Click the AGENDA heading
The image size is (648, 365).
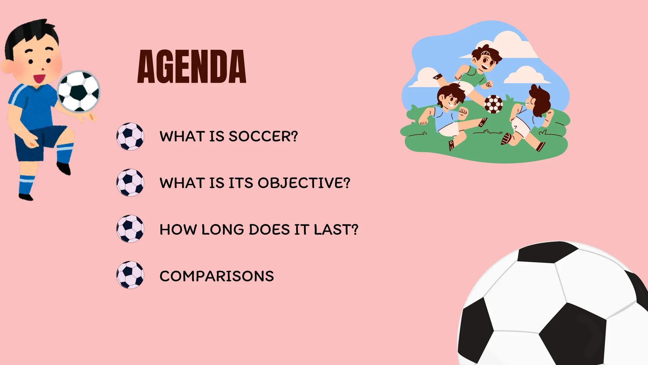click(x=192, y=67)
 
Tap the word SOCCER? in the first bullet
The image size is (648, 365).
click(x=263, y=136)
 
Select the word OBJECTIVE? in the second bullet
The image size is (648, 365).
click(x=304, y=183)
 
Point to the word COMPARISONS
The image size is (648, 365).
click(x=216, y=276)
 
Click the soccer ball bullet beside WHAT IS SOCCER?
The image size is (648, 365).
click(x=130, y=136)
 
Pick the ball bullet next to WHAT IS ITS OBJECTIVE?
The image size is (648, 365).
click(x=130, y=182)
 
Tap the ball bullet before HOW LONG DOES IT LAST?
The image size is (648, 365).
click(x=130, y=229)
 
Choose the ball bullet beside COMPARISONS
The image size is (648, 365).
click(x=130, y=275)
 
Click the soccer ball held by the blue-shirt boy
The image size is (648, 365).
click(x=79, y=91)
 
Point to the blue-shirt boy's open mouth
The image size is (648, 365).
click(x=40, y=79)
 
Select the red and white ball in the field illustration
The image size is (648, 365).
click(x=493, y=104)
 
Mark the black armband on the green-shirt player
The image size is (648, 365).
click(x=438, y=77)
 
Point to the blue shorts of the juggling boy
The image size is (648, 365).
click(x=41, y=140)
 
